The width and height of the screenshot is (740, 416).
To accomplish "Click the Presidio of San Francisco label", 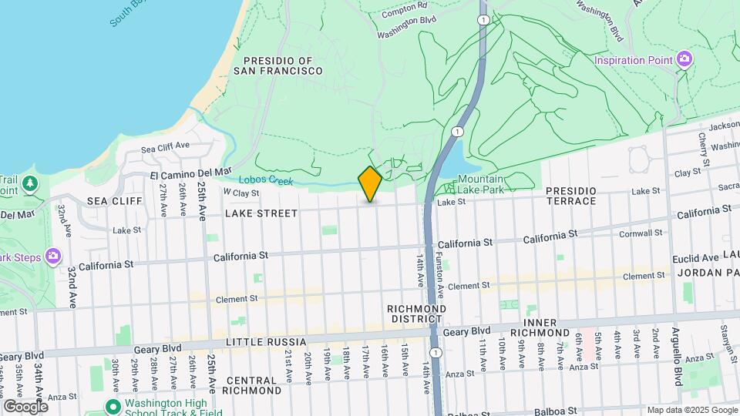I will (283, 65).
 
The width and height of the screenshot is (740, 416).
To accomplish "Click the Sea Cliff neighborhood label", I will (115, 200).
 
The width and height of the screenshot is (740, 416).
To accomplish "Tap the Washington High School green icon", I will (113, 405).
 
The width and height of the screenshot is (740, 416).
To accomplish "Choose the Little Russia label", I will (266, 341).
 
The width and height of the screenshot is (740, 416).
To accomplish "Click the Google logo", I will (25, 406).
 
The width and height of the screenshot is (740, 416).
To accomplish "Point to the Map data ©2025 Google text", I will (691, 410).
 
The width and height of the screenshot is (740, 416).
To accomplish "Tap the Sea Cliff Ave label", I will (165, 146).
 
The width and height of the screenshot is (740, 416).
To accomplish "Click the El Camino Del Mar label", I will (191, 172).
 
